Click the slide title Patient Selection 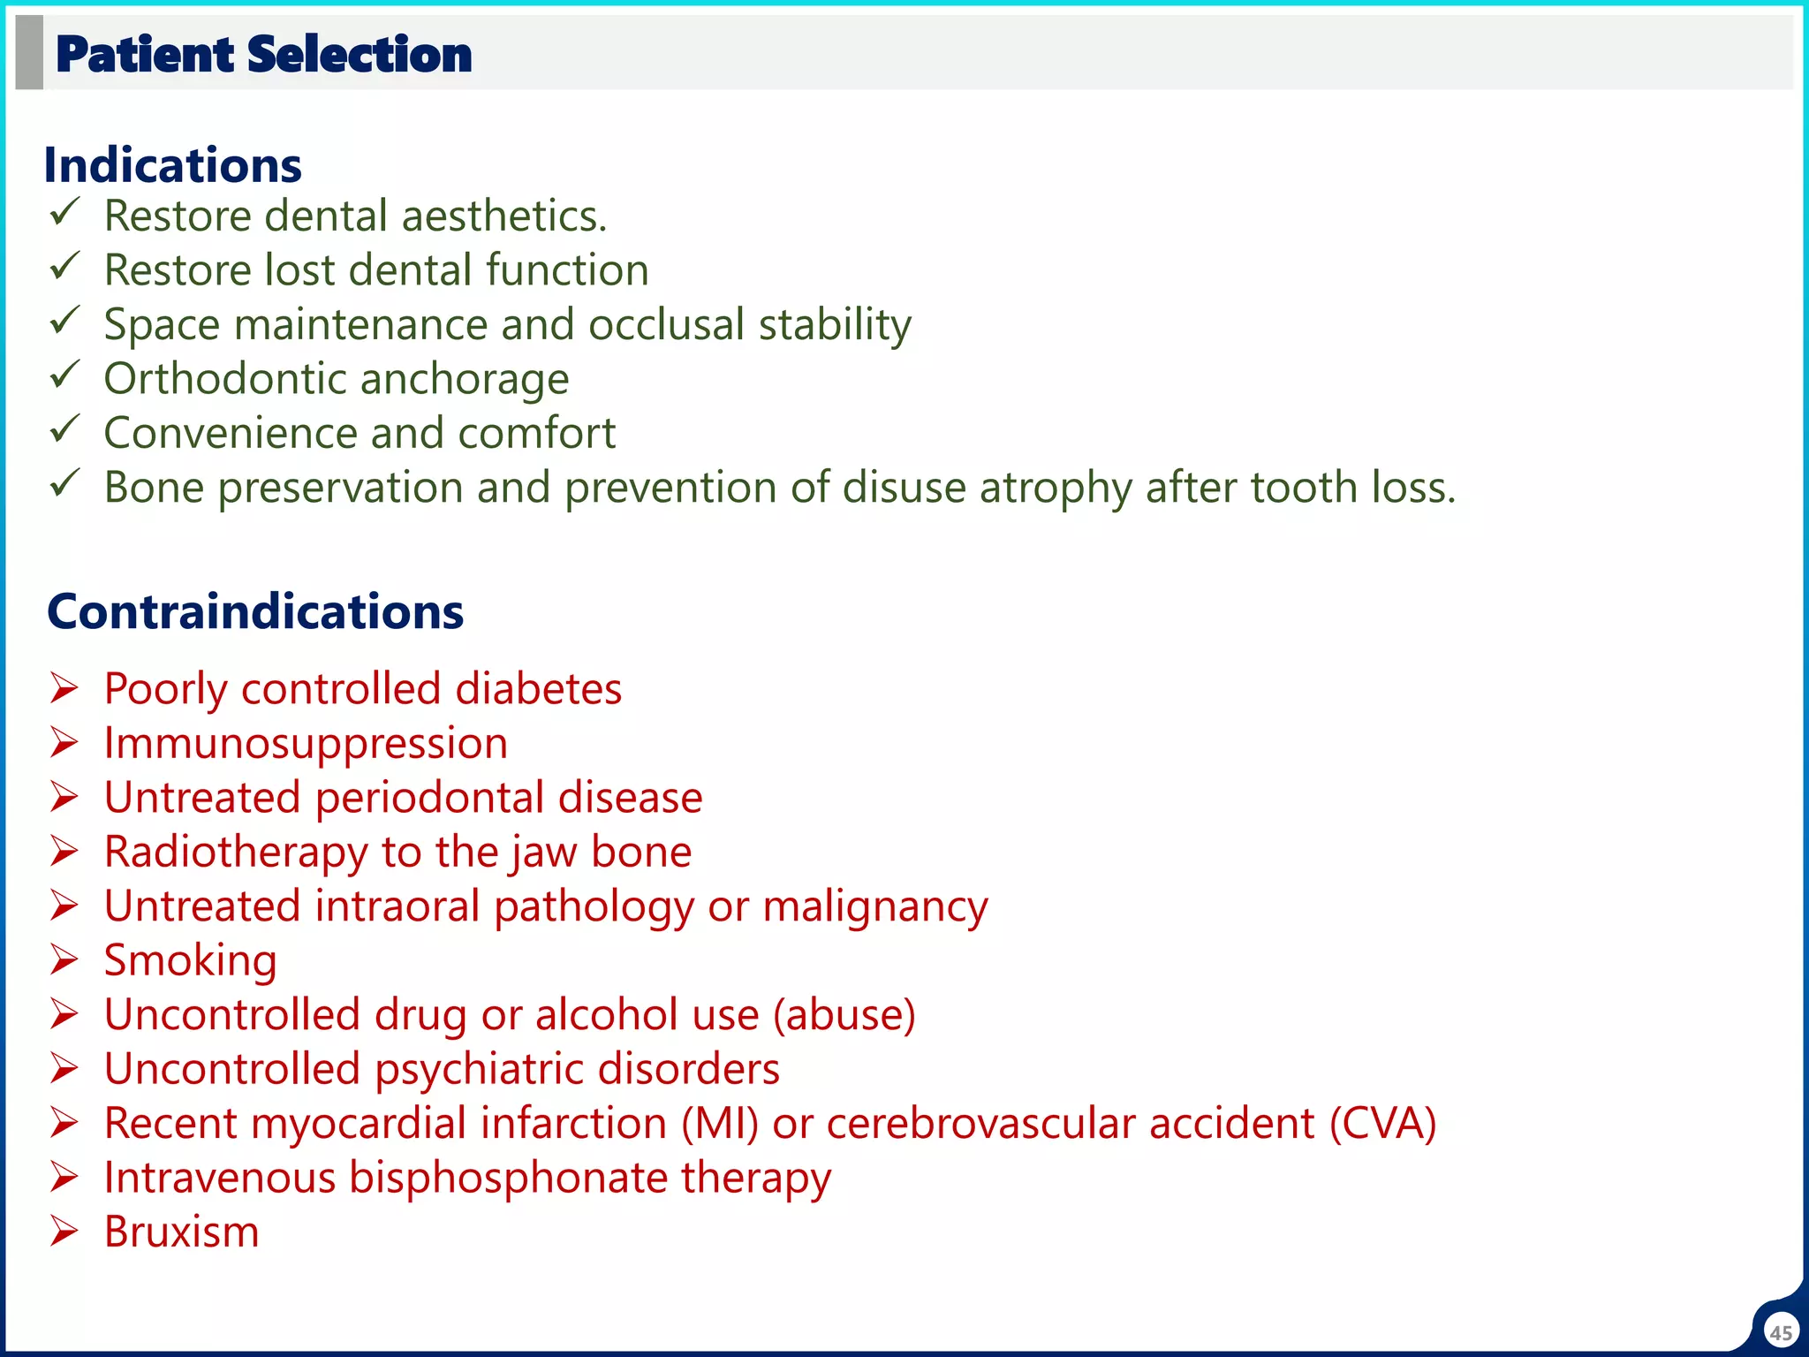[263, 55]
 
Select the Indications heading [173, 165]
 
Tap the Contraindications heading [255, 611]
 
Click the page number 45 [1781, 1332]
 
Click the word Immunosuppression [306, 744]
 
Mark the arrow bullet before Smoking [64, 959]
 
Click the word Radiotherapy [235, 853]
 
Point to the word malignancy [875, 907]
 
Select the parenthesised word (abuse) [844, 1015]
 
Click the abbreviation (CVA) [1382, 1124]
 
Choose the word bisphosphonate [508, 1179]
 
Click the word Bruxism [182, 1232]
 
